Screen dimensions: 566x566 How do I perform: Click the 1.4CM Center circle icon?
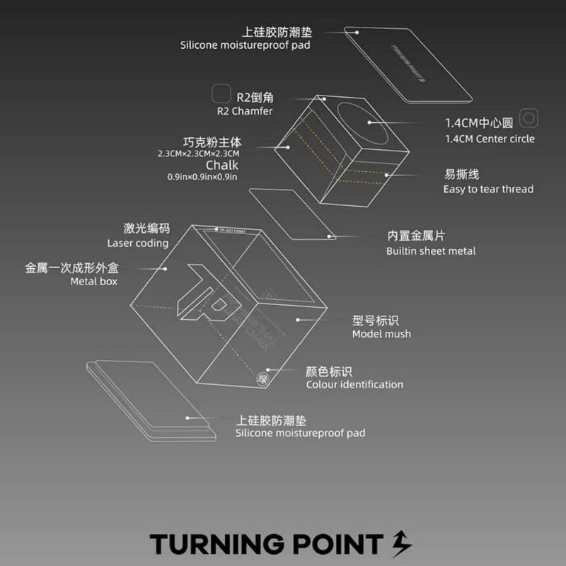tap(529, 117)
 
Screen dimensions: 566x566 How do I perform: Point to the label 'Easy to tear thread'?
tap(488, 190)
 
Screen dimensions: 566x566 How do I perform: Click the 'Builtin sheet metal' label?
tap(431, 251)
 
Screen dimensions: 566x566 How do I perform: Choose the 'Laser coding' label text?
tap(138, 243)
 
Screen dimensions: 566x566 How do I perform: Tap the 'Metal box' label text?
tap(93, 282)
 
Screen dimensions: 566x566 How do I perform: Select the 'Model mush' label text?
tap(381, 334)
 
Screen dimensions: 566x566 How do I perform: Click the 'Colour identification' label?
tap(354, 385)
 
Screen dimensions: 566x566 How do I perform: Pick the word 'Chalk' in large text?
tap(221, 166)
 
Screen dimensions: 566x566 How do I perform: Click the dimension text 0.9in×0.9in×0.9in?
tap(202, 177)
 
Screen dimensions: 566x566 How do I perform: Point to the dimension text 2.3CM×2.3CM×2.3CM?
tap(199, 154)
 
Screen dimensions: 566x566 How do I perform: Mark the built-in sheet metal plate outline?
tap(291, 212)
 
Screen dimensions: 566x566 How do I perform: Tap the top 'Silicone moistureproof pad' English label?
tap(245, 45)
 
